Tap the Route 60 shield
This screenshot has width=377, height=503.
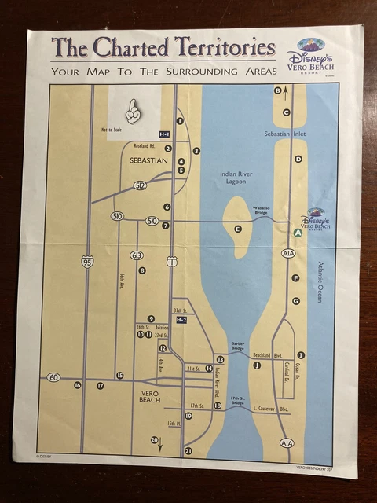[x=53, y=377]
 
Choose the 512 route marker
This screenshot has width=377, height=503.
[x=140, y=185]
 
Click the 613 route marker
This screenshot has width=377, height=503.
[x=137, y=255]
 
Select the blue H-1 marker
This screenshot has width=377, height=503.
[x=164, y=134]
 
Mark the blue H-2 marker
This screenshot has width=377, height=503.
[x=181, y=320]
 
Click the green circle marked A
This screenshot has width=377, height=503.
[x=298, y=233]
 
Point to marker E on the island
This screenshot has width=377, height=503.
[x=237, y=229]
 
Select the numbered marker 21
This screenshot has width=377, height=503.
[x=188, y=450]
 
